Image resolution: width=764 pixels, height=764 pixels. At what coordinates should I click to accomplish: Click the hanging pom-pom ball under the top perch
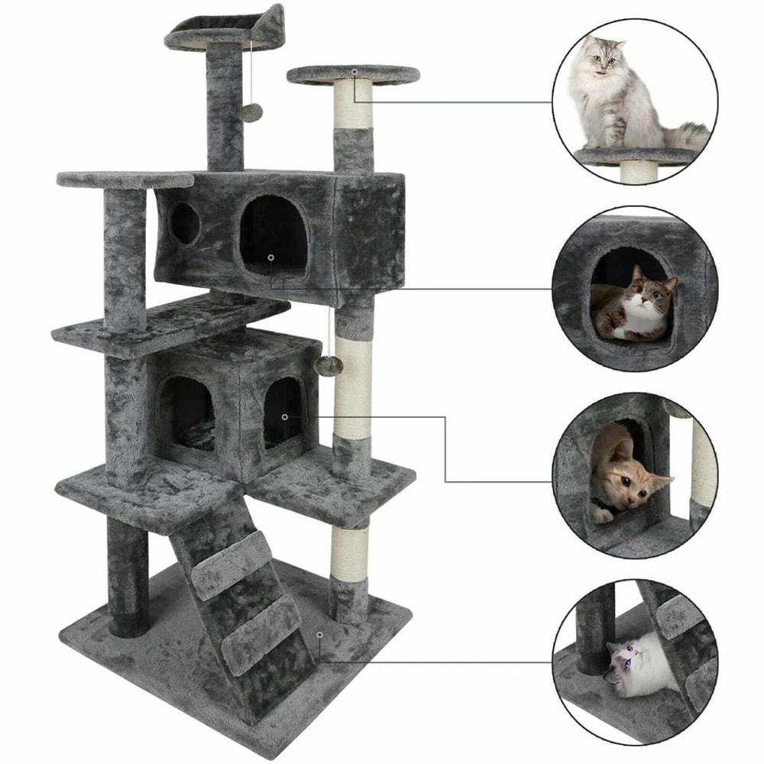[x=251, y=112]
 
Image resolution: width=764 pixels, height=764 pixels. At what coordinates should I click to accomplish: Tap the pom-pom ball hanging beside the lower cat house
[x=325, y=364]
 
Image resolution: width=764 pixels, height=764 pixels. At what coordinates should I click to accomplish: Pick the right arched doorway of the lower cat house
[x=283, y=413]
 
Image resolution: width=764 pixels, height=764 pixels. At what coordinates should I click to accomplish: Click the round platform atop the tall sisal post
[x=353, y=75]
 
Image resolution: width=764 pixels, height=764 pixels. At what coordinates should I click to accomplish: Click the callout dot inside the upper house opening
[x=270, y=257]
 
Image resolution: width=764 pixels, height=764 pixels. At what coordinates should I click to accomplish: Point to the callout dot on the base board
[x=319, y=634]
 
